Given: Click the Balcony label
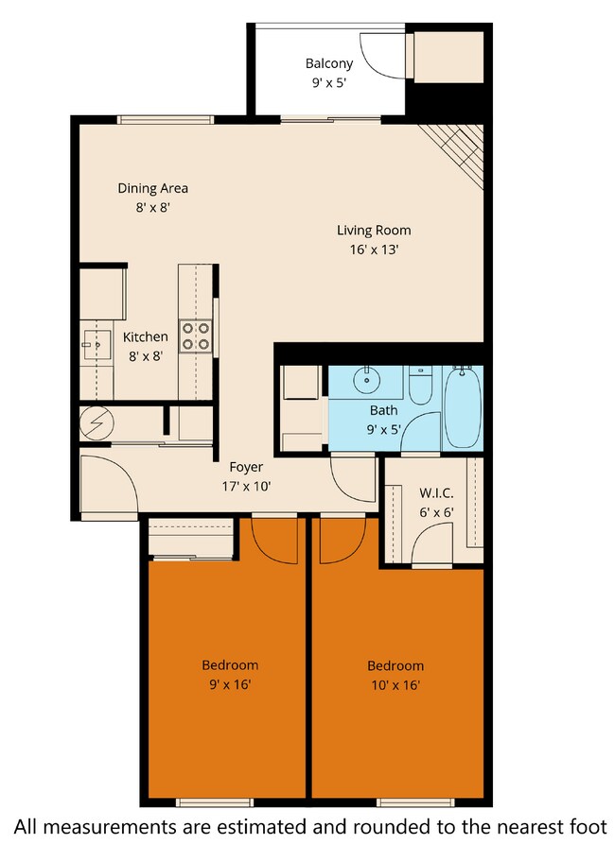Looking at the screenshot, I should point(329,63).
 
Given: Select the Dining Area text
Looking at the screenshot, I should point(152,187).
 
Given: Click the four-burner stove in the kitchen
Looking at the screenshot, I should point(196,336).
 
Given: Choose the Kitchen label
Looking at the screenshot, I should point(146,336).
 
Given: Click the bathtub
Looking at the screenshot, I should point(463,407).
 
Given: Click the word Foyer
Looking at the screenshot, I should point(246,467).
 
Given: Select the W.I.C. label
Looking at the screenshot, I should point(436,492).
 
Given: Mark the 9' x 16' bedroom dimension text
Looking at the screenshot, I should point(230,685).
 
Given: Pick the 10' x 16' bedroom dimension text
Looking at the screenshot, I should point(395,686).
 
